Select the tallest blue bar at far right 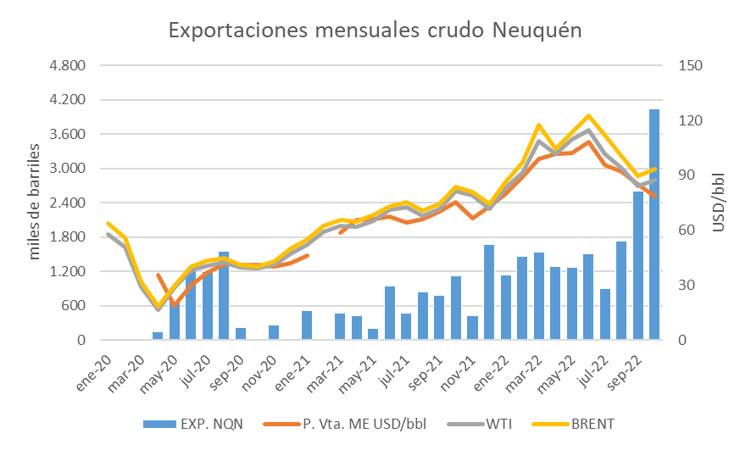tap(654, 225)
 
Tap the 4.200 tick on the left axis tap(69, 100)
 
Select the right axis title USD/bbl tap(720, 203)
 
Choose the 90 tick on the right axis tap(689, 175)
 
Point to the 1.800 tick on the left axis tap(69, 237)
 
